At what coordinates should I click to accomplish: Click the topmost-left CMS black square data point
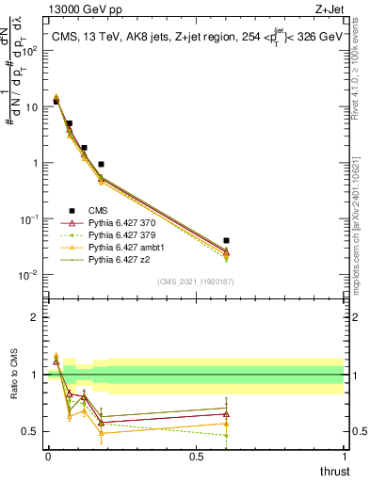(56, 101)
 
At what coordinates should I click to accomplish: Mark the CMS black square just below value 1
(101, 164)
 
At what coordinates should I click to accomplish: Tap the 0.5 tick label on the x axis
(196, 457)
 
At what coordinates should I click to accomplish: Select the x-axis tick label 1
(346, 457)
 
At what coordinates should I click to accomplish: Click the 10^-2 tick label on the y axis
(26, 275)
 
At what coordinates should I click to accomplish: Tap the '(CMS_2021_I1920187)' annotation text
(196, 281)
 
